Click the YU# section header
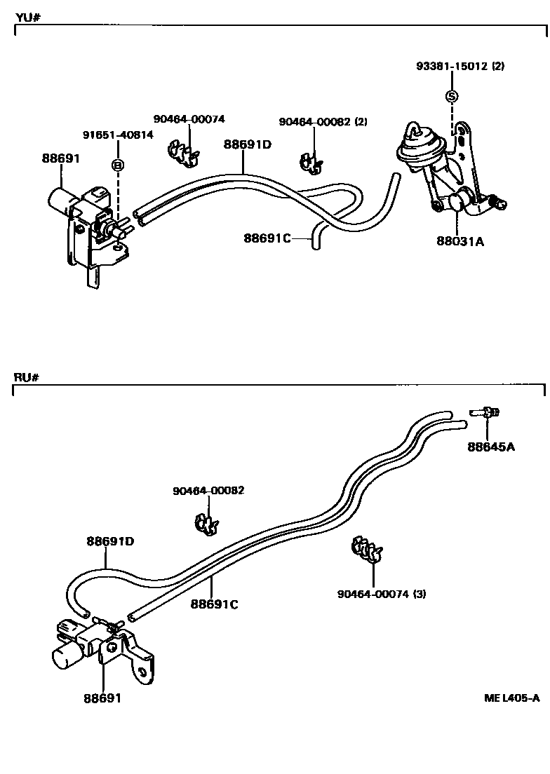[x=25, y=17]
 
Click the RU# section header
[x=25, y=377]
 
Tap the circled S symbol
[x=452, y=96]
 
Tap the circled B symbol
[x=118, y=165]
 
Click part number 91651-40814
[x=118, y=135]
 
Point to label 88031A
[x=460, y=241]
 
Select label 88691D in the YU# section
[x=248, y=144]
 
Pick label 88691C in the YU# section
[x=267, y=238]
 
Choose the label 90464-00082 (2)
[x=323, y=121]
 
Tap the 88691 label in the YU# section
[x=61, y=158]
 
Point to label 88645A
[x=491, y=447]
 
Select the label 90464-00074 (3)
[x=382, y=594]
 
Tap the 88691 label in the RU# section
[x=103, y=698]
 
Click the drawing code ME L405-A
[x=511, y=698]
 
